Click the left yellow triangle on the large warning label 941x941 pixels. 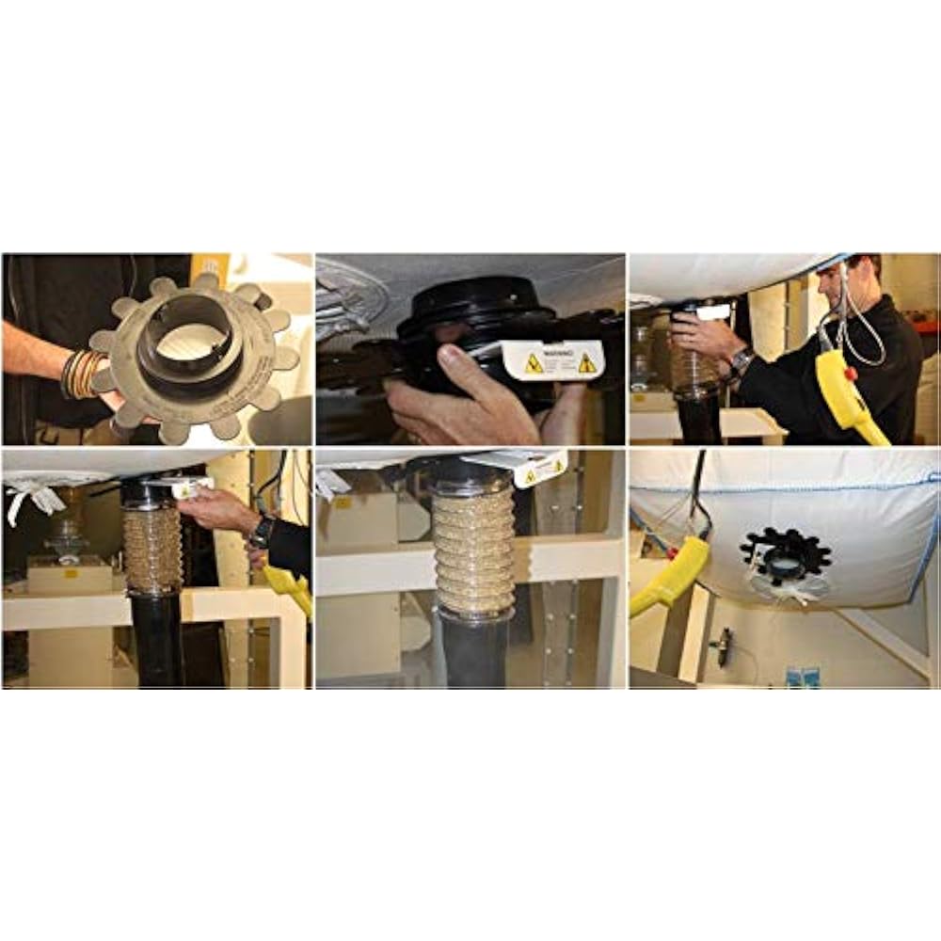534,364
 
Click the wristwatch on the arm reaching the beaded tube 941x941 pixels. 260,534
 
